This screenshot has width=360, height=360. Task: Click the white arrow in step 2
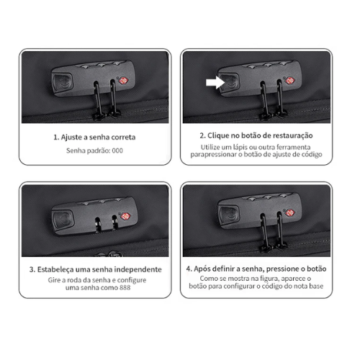(215, 82)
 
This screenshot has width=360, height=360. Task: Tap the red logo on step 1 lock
(123, 81)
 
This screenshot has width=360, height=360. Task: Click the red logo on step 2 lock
(289, 81)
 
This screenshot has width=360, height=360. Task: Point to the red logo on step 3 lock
(125, 216)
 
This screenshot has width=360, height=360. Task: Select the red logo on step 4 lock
(290, 212)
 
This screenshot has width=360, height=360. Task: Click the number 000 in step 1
(117, 150)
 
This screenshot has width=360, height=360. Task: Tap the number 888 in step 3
(125, 287)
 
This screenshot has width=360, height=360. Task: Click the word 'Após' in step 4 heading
(201, 269)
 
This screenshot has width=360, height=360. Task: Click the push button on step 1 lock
(62, 82)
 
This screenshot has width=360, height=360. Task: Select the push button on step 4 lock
(229, 214)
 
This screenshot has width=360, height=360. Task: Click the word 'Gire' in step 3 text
(53, 280)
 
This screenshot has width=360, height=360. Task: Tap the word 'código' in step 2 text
(312, 154)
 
